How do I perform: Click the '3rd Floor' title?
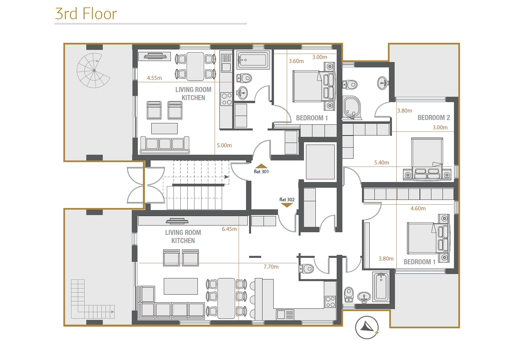click(86, 14)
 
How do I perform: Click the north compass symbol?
click(367, 328)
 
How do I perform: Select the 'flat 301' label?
click(261, 172)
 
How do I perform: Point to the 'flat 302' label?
click(287, 200)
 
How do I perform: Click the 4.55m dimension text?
click(154, 78)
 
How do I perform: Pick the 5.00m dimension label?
click(224, 145)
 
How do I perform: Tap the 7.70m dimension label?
click(271, 267)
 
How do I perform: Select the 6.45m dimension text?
click(230, 229)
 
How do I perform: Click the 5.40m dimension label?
click(381, 162)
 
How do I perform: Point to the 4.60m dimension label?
click(418, 208)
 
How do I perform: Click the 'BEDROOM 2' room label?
click(434, 118)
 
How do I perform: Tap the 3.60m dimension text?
click(296, 61)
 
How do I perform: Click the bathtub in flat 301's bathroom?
click(253, 60)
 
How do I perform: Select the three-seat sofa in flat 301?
click(164, 145)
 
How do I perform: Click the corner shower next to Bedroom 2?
click(352, 108)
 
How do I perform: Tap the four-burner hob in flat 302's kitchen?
click(330, 302)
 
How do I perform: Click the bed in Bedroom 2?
click(427, 159)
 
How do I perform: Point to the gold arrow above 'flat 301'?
click(261, 166)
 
